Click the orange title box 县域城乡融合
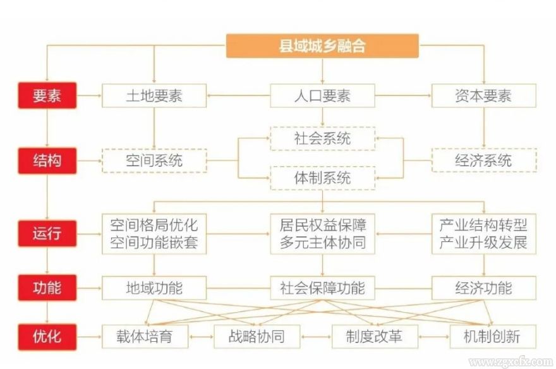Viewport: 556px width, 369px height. pyautogui.click(x=322, y=46)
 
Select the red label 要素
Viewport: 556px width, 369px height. pyautogui.click(x=47, y=96)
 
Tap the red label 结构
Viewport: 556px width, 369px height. pyautogui.click(x=47, y=160)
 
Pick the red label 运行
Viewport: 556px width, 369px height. pyautogui.click(x=47, y=233)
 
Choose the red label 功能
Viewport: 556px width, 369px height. pyautogui.click(x=47, y=288)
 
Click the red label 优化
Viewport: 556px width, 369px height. pyautogui.click(x=47, y=336)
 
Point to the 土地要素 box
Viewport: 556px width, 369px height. pyautogui.click(x=154, y=96)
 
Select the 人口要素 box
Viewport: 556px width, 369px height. pyautogui.click(x=322, y=96)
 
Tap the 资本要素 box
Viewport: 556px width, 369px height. pyautogui.click(x=483, y=96)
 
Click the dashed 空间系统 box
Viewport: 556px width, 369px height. pyautogui.click(x=154, y=160)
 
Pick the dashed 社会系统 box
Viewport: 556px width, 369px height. pyautogui.click(x=322, y=138)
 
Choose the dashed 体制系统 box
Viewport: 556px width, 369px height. pyautogui.click(x=322, y=178)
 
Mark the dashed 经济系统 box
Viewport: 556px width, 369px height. pyautogui.click(x=483, y=160)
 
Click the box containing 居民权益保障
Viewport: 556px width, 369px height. pyautogui.click(x=322, y=233)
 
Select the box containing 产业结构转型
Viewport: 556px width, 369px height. pyautogui.click(x=483, y=233)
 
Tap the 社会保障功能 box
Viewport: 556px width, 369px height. pyautogui.click(x=322, y=288)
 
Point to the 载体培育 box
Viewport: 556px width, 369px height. pyautogui.click(x=145, y=336)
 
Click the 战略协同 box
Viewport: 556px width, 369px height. pyautogui.click(x=257, y=336)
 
